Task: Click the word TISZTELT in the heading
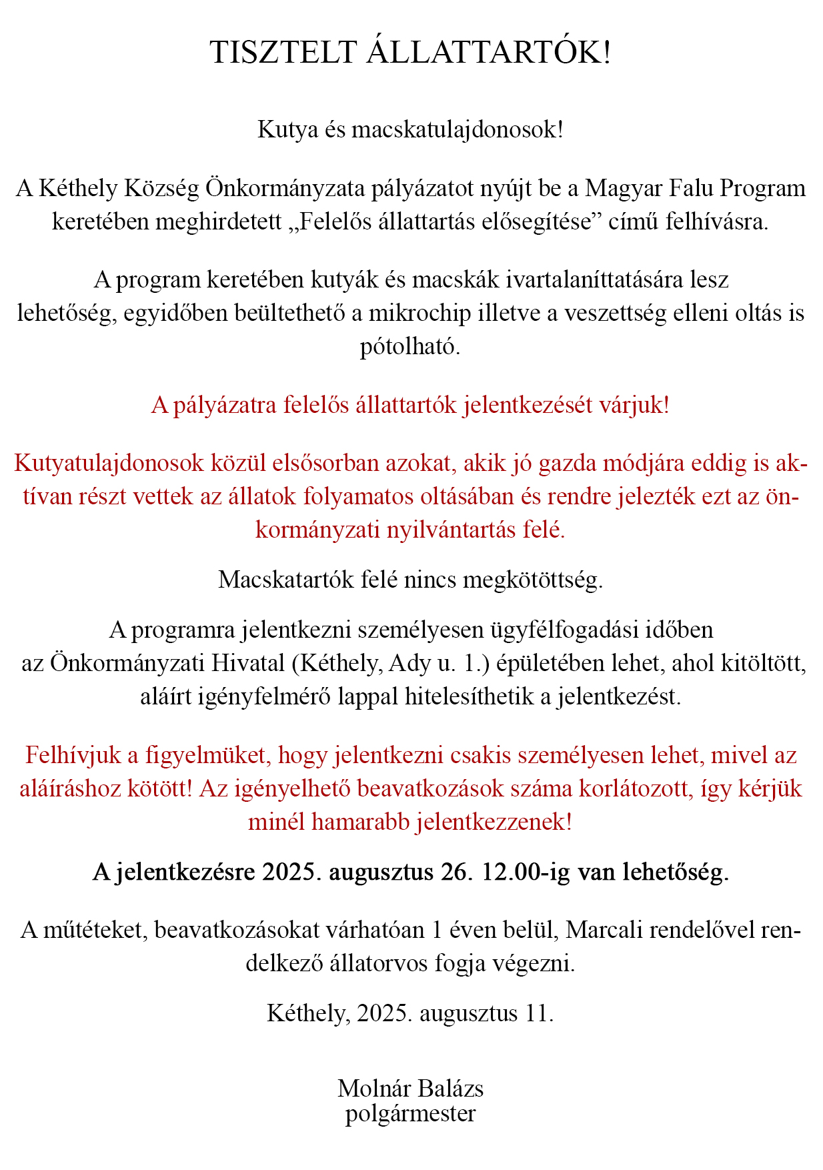pyautogui.click(x=283, y=53)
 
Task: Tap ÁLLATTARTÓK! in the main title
pyautogui.click(x=488, y=53)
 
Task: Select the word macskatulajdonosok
pyautogui.click(x=458, y=129)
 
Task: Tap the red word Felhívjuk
pyautogui.click(x=73, y=755)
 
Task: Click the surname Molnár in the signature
pyautogui.click(x=373, y=1088)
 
